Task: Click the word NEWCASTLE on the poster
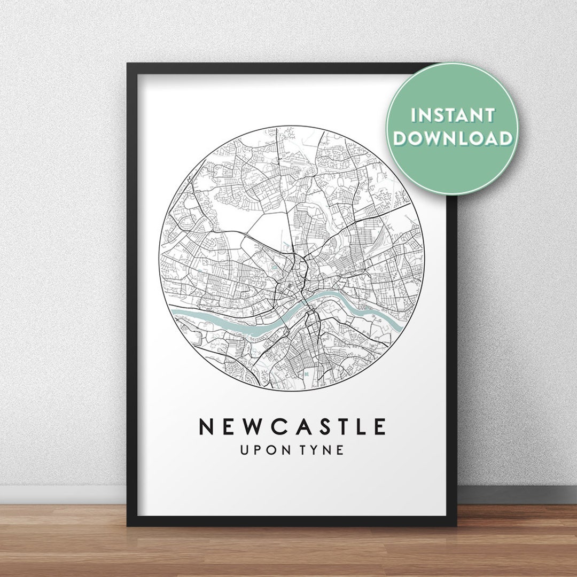[x=292, y=427]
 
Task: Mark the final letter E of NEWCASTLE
[x=379, y=427]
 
